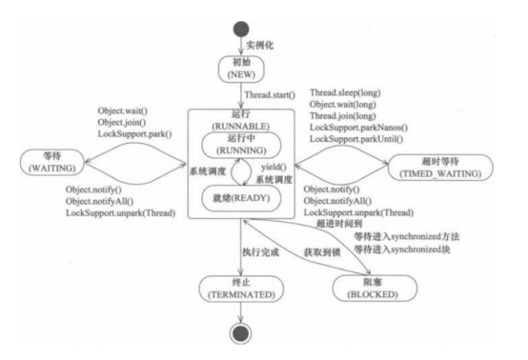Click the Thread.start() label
[x=271, y=95]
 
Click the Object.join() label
[x=126, y=123]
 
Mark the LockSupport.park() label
[x=139, y=135]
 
